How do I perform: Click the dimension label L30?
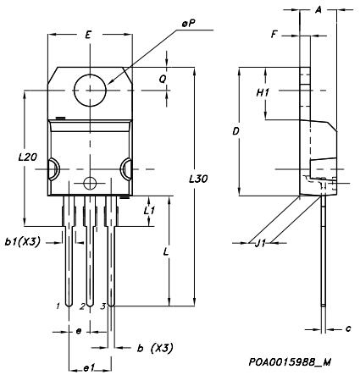pyautogui.click(x=198, y=179)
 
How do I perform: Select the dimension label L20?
pyautogui.click(x=27, y=157)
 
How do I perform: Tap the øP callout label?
pyautogui.click(x=188, y=25)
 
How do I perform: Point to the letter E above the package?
pyautogui.click(x=88, y=36)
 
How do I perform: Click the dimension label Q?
pyautogui.click(x=163, y=80)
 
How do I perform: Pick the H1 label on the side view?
pyautogui.click(x=263, y=92)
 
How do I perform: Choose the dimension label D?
pyautogui.click(x=236, y=131)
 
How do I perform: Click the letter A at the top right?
pyautogui.click(x=318, y=10)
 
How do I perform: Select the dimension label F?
pyautogui.click(x=274, y=35)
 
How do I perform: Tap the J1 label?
pyautogui.click(x=260, y=243)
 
